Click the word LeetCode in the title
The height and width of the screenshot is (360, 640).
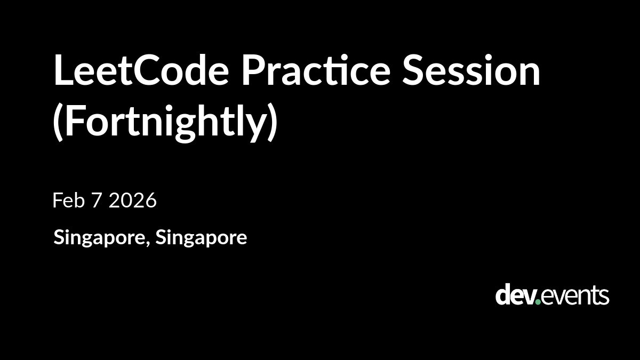[x=141, y=70]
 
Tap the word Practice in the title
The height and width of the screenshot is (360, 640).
[x=316, y=70]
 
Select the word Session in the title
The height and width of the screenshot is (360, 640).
[x=471, y=70]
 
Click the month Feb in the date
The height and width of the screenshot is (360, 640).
[x=69, y=200]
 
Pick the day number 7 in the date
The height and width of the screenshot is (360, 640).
[x=97, y=201]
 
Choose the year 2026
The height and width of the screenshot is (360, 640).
[x=133, y=200]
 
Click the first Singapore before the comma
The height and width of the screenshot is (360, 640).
[x=99, y=238]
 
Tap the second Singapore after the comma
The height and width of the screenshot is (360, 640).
[x=201, y=238]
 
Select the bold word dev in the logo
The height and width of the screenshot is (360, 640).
[x=515, y=294]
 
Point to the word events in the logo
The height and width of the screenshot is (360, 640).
[x=575, y=296]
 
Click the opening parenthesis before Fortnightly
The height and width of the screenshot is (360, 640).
[x=58, y=122]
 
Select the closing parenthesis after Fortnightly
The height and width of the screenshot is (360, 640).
[x=273, y=122]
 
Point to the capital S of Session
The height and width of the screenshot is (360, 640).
[x=413, y=70]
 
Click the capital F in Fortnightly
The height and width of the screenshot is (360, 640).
[x=75, y=121]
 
